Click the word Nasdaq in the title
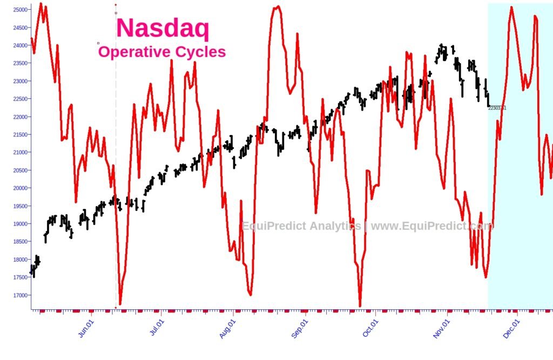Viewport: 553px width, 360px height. [x=163, y=28]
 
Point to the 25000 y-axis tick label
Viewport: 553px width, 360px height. [x=21, y=10]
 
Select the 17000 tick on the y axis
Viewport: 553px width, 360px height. [x=21, y=295]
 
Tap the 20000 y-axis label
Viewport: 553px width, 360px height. [x=21, y=188]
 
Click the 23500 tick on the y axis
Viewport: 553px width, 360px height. [x=21, y=63]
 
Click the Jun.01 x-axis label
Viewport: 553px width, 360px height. [x=87, y=328]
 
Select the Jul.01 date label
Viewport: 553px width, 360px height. [x=157, y=328]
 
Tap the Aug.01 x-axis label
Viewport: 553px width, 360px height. [x=228, y=328]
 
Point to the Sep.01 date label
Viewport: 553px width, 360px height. [x=300, y=328]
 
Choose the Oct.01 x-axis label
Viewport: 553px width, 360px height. [x=370, y=328]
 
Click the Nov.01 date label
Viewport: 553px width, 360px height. [x=442, y=328]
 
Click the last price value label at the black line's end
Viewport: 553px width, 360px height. [x=497, y=108]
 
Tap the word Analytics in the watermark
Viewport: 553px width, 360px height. [x=334, y=226]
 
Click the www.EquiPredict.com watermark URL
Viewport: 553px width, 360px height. [x=431, y=226]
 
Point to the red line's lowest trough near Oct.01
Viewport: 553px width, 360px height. [x=360, y=305]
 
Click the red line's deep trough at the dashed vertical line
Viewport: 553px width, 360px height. [x=120, y=303]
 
